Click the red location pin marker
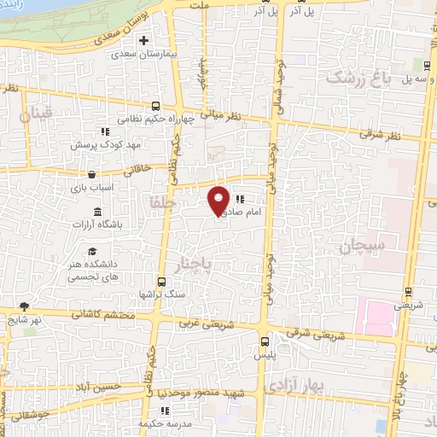coord(218,200)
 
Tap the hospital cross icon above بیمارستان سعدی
coord(144,40)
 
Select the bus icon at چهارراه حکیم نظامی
coord(154,107)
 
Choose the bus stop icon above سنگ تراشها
coord(161,282)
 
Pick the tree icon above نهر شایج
coord(23,306)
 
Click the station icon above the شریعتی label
coord(409,292)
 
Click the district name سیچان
coord(364,246)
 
